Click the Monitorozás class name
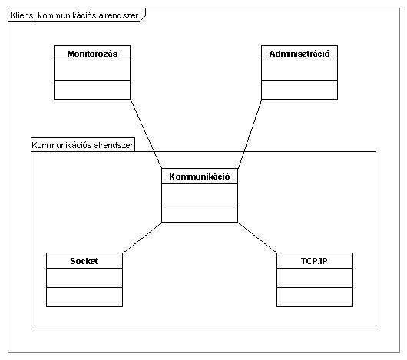coord(92,54)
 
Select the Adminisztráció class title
coord(299,54)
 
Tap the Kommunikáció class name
coord(200,177)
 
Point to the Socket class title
coord(84,261)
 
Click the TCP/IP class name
coord(314,261)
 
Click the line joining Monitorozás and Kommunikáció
coord(146,134)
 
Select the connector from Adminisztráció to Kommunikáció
coord(250,134)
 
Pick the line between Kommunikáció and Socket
coord(142,237)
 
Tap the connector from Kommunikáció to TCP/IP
coord(257,237)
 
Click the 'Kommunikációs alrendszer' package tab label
coord(82,145)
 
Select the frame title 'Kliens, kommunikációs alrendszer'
coord(74,15)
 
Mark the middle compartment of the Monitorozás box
coord(92,71)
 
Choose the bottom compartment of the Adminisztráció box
coord(299,90)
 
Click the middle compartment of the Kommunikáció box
coord(200,193)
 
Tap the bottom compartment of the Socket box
coord(84,297)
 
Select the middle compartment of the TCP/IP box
coord(315,278)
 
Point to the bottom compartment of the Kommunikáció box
coord(200,213)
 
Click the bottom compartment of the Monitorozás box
coord(92,90)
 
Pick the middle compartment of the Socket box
coord(84,278)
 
